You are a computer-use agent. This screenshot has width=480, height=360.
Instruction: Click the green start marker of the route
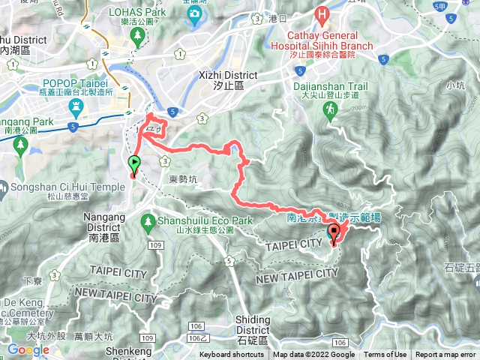pyautogui.click(x=134, y=163)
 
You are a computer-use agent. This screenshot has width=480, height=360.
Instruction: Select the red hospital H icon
pyautogui.click(x=322, y=13)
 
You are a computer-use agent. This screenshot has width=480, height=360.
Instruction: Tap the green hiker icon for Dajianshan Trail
pyautogui.click(x=329, y=110)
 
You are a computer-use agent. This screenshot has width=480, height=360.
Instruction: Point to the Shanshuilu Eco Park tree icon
pyautogui.click(x=147, y=221)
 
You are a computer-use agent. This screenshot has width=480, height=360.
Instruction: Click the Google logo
pyautogui.click(x=28, y=350)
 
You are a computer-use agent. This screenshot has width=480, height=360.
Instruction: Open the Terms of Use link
pyautogui.click(x=385, y=355)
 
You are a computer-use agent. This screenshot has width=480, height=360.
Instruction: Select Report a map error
pyautogui.click(x=446, y=355)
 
